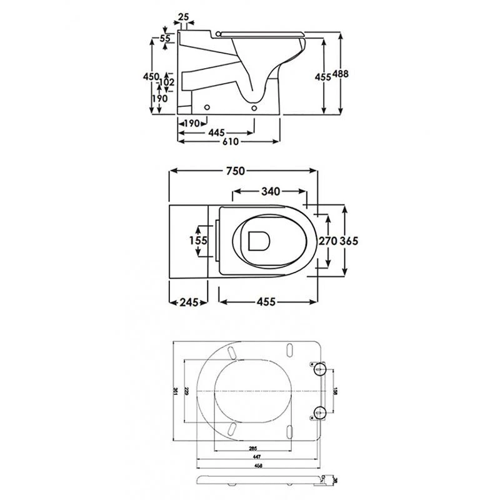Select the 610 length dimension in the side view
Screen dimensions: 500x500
(231, 142)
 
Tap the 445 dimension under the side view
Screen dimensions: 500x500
(216, 132)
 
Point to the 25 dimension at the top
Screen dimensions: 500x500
(184, 16)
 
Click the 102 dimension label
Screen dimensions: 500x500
(167, 81)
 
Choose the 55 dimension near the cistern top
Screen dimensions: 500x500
(165, 39)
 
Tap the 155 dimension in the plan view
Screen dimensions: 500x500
(199, 241)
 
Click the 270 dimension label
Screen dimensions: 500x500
(328, 241)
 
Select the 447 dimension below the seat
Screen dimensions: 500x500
(259, 457)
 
